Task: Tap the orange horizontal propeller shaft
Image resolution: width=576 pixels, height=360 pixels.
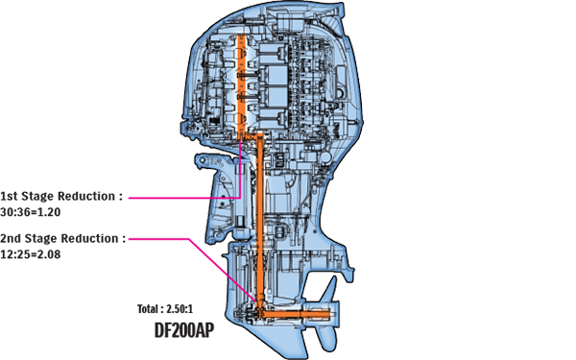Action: click(298, 314)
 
